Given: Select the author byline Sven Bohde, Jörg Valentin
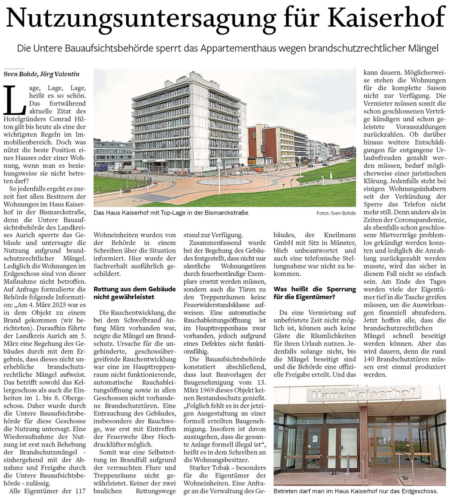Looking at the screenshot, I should (41, 74).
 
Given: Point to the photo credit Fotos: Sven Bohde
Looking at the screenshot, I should (336, 213).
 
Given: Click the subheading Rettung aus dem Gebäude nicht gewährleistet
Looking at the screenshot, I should (134, 293).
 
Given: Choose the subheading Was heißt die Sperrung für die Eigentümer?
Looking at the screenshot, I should (315, 293).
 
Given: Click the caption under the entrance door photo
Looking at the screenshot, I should (355, 491).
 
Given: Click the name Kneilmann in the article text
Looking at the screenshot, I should (340, 235).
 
